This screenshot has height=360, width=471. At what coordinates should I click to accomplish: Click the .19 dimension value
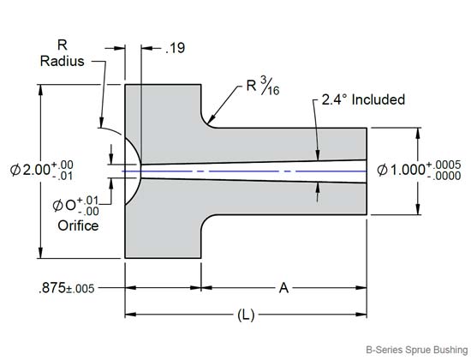pos(175,50)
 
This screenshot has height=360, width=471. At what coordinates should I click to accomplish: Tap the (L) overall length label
pos(247,315)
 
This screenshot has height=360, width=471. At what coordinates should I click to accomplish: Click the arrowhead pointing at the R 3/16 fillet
pos(210,123)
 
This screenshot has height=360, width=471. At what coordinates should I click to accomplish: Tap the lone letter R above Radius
pos(62,44)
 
